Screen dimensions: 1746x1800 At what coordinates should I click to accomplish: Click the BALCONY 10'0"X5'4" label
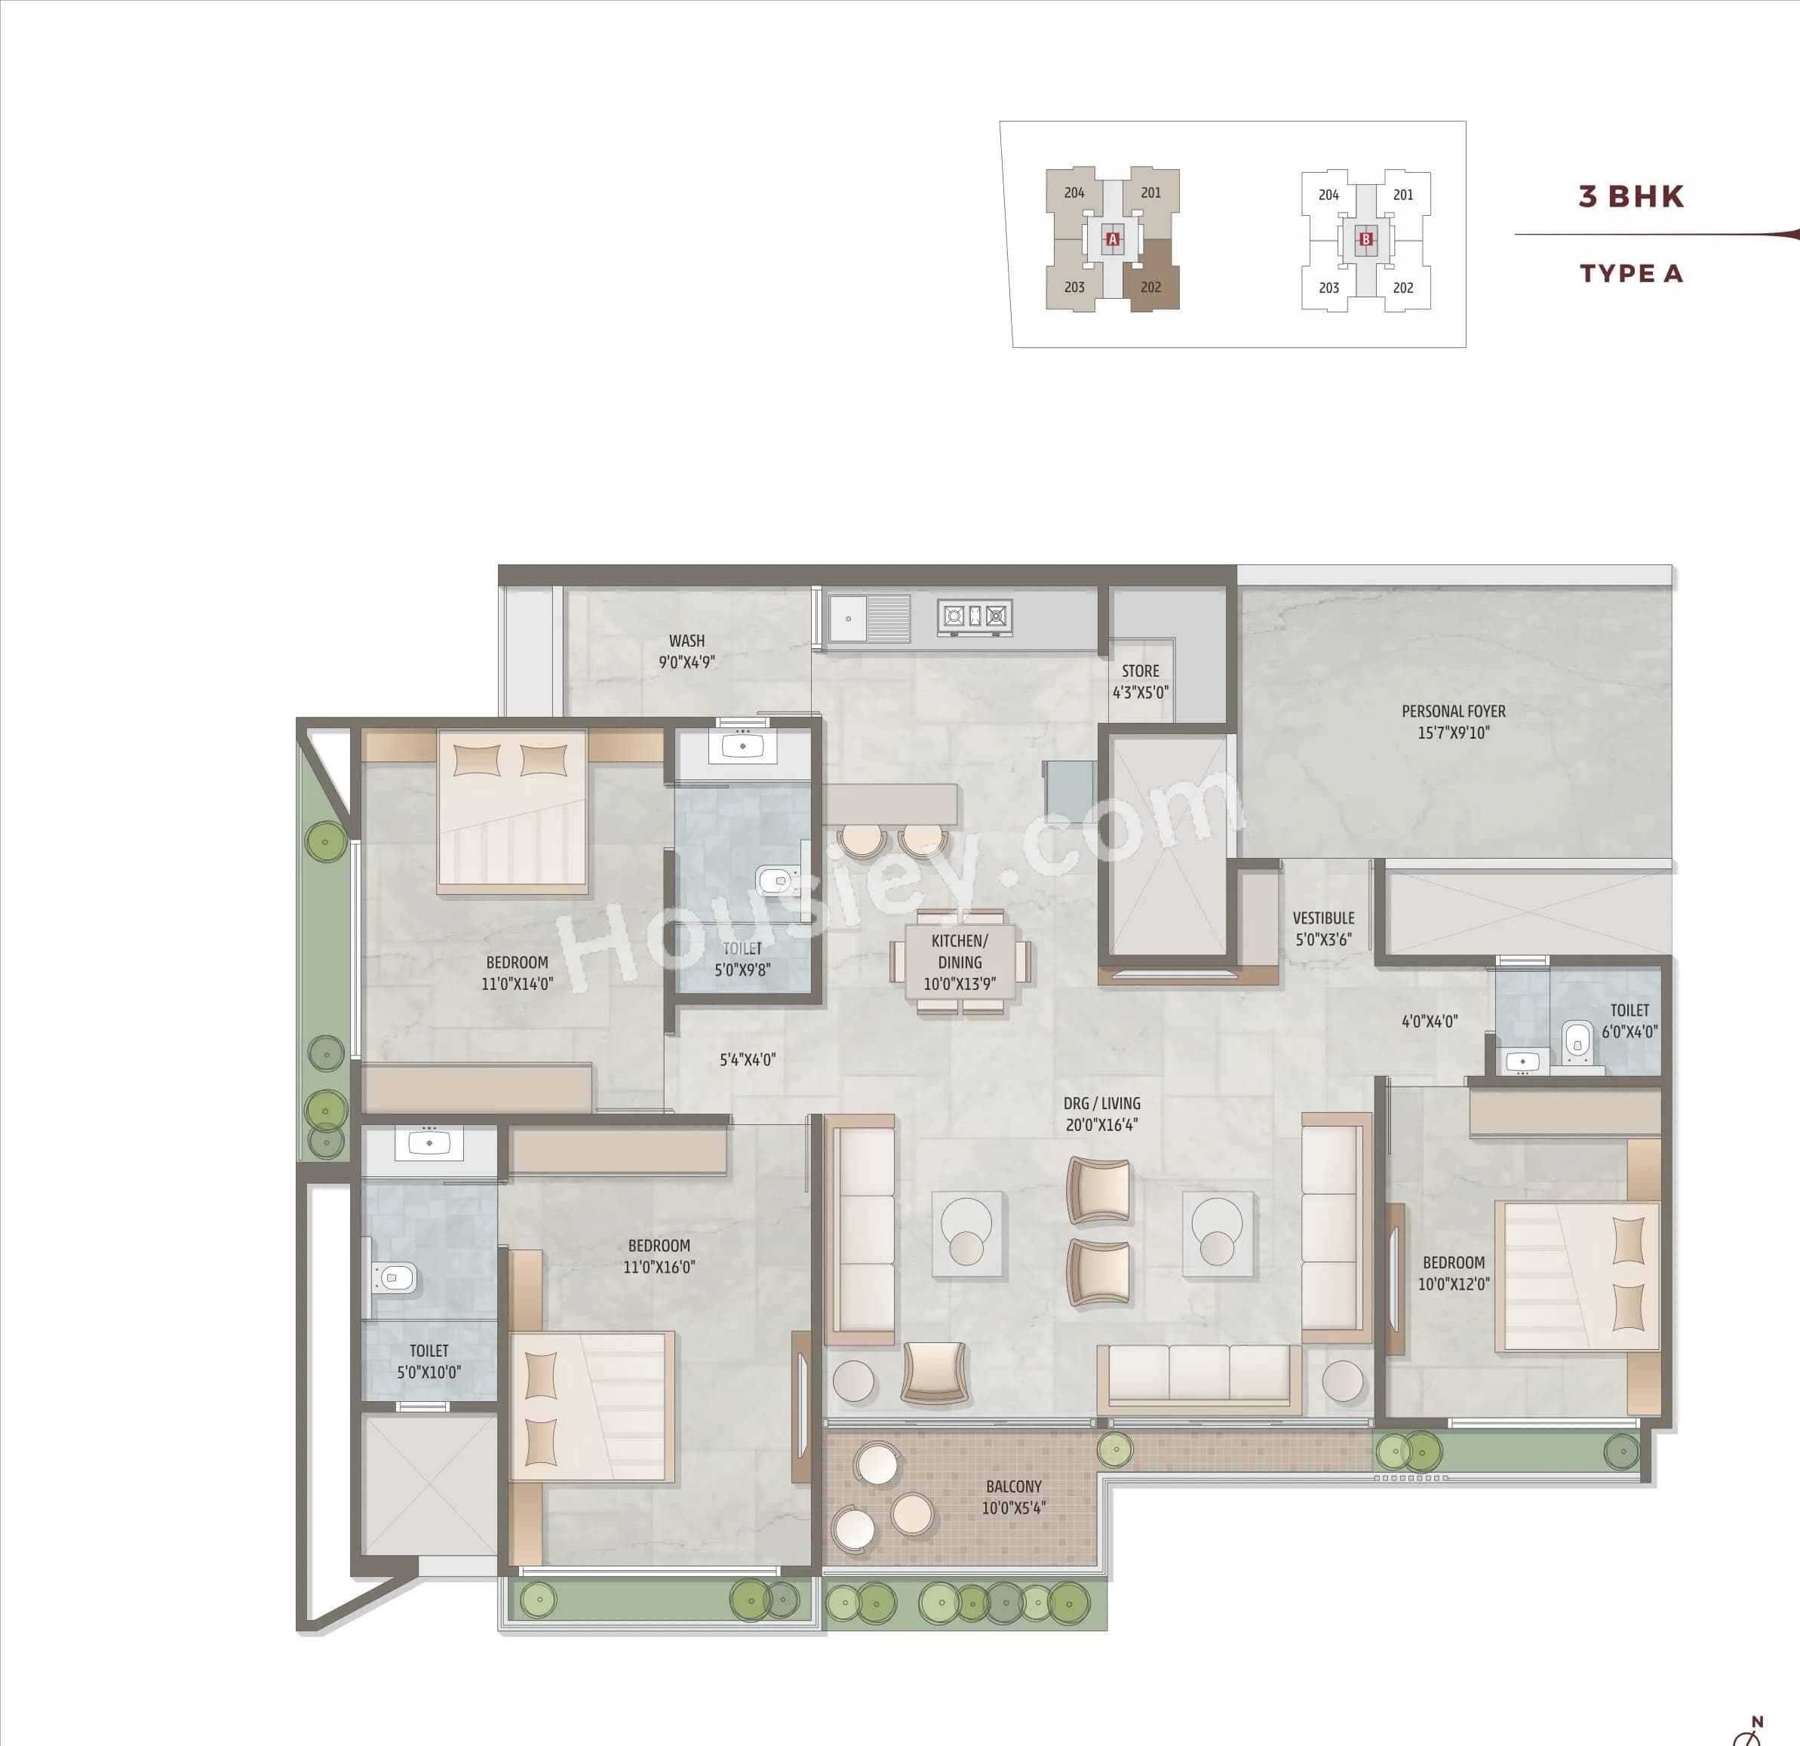tap(1013, 1497)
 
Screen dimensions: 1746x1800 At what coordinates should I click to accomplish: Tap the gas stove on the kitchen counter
tap(975, 616)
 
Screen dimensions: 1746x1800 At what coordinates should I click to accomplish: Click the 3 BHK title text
tap(1631, 196)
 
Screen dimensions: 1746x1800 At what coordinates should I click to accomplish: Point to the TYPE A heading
tap(1631, 274)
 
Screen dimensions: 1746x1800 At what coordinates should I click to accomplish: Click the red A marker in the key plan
tap(1112, 240)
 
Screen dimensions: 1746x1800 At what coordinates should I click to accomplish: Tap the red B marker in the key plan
tap(1365, 240)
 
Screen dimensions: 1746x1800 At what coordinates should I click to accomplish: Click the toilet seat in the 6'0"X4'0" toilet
tap(1577, 1041)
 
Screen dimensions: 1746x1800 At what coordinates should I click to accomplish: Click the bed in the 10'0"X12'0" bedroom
tap(1577, 1277)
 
